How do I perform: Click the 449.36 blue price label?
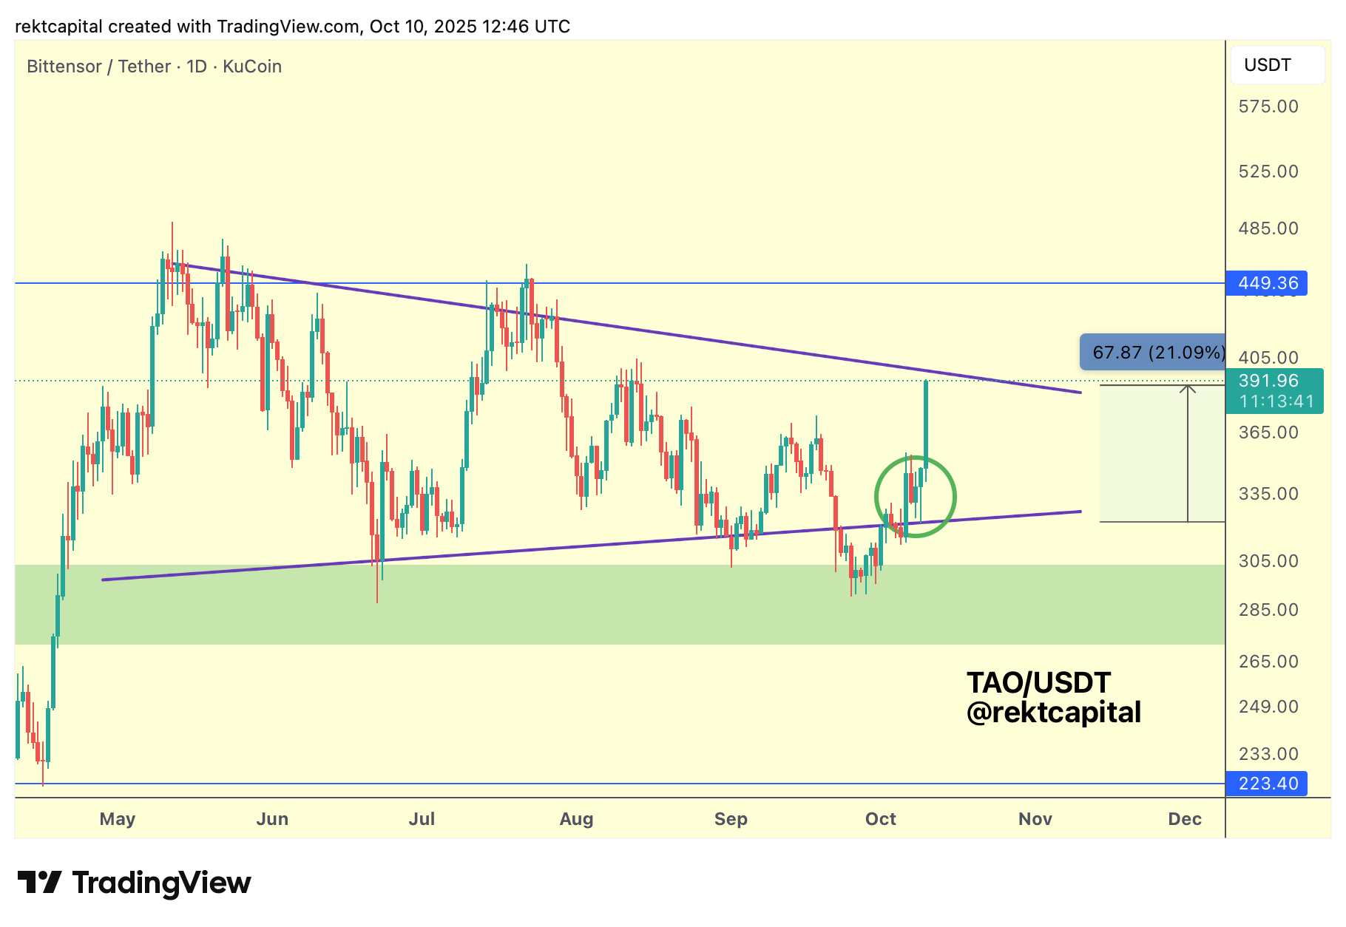pos(1267,283)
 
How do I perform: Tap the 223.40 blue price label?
pos(1267,784)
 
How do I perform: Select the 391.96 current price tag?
pos(1268,381)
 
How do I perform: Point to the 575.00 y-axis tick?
pos(1268,106)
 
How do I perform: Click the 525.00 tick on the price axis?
pos(1268,172)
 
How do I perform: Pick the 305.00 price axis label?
pos(1268,561)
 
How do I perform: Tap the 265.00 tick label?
pos(1268,662)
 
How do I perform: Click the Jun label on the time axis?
pos(272,819)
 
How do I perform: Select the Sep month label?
pos(731,819)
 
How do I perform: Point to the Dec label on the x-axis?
pos(1185,819)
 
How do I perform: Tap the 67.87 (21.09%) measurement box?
pos(1154,353)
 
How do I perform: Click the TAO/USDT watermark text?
pos(1038,683)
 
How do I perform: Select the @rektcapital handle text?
pos(1053,713)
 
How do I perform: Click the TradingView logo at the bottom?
pos(135,883)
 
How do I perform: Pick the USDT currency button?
pos(1277,65)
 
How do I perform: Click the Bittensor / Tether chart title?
pos(154,67)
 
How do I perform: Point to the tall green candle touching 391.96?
pos(926,421)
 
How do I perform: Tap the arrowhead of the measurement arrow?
pos(1188,389)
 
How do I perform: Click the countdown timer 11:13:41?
pos(1276,401)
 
